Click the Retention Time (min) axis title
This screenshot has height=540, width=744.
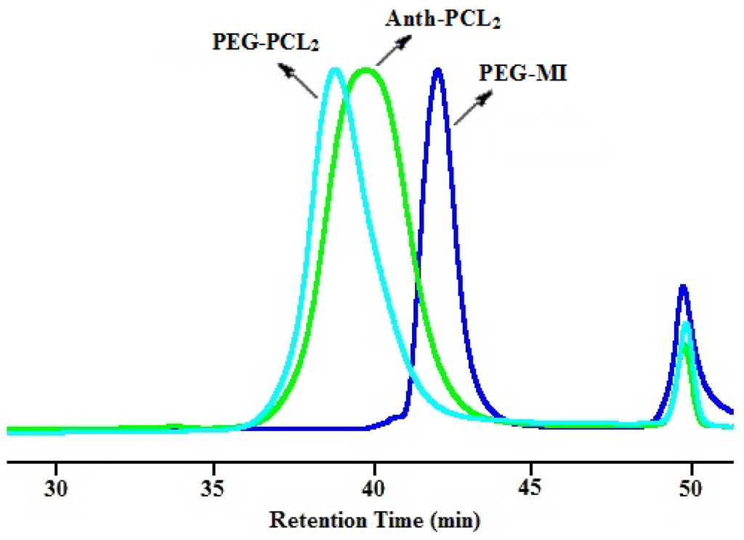click(x=373, y=520)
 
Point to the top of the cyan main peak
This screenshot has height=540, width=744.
click(x=334, y=70)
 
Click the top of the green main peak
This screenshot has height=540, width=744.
click(x=365, y=70)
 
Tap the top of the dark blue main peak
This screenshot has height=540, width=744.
click(x=437, y=70)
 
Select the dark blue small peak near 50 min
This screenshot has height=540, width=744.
click(x=682, y=287)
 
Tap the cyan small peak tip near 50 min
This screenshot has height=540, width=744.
click(x=687, y=322)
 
